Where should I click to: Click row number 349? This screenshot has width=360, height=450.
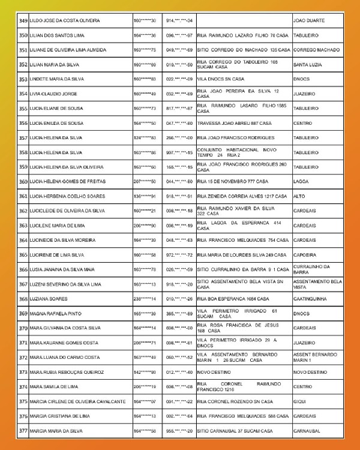[x=23, y=21]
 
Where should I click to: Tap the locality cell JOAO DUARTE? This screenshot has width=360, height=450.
[x=308, y=21]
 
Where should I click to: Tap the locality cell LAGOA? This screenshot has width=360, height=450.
[x=301, y=182]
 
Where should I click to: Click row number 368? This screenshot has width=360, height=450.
[x=23, y=299]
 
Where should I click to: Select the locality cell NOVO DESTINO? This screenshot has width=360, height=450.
[x=311, y=372]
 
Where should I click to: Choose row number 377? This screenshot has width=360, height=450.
[x=23, y=431]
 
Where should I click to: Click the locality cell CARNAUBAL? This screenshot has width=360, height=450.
[x=308, y=431]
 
